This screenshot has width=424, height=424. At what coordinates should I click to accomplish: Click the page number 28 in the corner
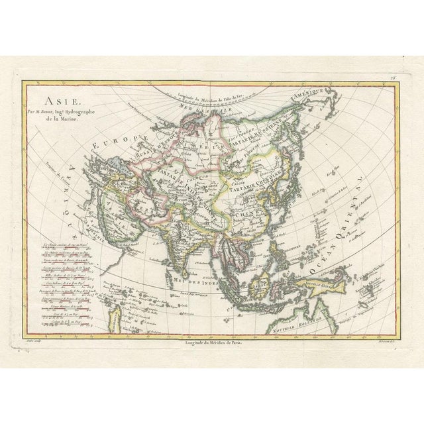(392, 78)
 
